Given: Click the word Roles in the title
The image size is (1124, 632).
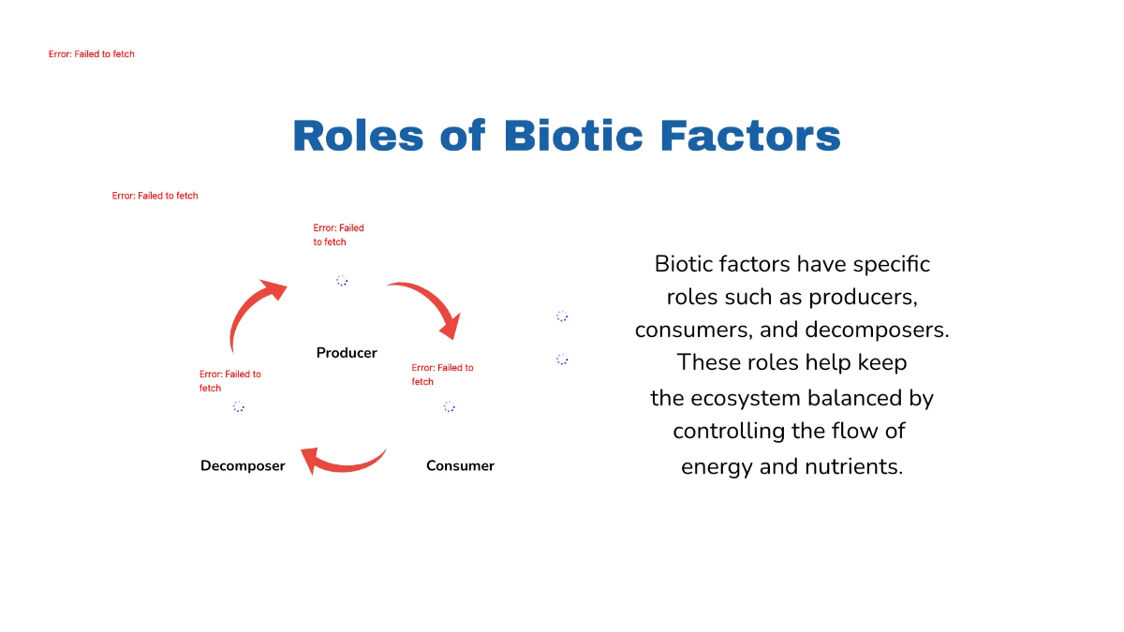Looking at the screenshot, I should click(358, 136).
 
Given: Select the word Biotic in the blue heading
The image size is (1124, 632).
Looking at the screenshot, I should click(573, 136).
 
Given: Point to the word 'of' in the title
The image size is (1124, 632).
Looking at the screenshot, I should click(463, 136).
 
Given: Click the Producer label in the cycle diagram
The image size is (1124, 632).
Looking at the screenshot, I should click(347, 353).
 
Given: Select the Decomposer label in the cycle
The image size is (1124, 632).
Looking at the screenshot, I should click(243, 466).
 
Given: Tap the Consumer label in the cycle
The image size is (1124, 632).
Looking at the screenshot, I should click(460, 466).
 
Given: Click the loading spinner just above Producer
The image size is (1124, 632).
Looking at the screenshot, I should click(342, 281).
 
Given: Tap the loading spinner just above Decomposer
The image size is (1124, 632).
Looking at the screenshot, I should click(239, 407).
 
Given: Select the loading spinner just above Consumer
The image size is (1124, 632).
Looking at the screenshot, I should click(450, 407).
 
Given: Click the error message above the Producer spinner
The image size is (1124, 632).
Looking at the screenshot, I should click(338, 235).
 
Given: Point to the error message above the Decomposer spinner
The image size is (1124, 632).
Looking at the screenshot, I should click(229, 381).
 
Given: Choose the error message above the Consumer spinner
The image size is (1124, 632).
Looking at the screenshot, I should click(442, 375).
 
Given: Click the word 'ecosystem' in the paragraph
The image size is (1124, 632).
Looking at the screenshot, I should click(737, 399).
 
